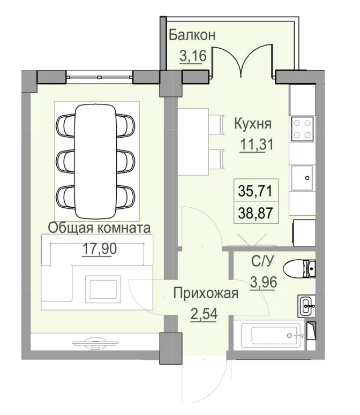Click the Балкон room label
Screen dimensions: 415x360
pyautogui.click(x=192, y=35)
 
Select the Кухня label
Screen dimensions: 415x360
pyautogui.click(x=253, y=124)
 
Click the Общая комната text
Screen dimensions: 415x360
pyautogui.click(x=99, y=228)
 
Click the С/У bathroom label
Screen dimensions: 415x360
pyautogui.click(x=264, y=262)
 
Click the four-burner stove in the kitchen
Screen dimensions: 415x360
pyautogui.click(x=302, y=129)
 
